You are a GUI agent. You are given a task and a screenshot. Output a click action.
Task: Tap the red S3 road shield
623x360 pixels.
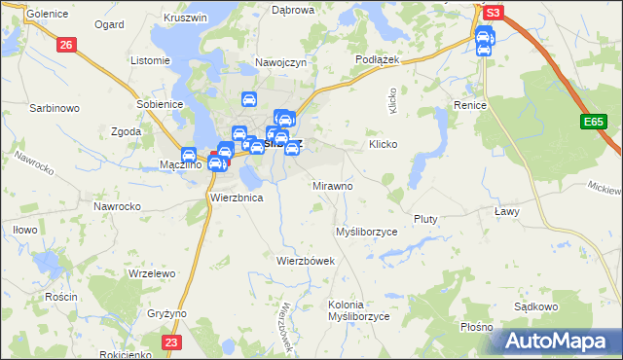click(494, 13)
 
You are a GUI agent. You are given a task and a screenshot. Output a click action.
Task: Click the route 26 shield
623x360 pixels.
click(65, 45)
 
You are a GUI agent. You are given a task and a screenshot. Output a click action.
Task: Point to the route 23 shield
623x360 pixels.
click(171, 342)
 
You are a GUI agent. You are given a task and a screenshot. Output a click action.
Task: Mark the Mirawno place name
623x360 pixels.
click(332, 185)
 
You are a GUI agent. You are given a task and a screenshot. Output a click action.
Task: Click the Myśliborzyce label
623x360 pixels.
click(366, 233)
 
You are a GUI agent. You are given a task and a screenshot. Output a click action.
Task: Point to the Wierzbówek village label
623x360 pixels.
click(306, 261)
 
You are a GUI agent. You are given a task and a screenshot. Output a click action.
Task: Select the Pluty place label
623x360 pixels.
click(427, 219)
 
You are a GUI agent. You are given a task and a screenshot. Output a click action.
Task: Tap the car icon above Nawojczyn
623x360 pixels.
click(248, 99)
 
